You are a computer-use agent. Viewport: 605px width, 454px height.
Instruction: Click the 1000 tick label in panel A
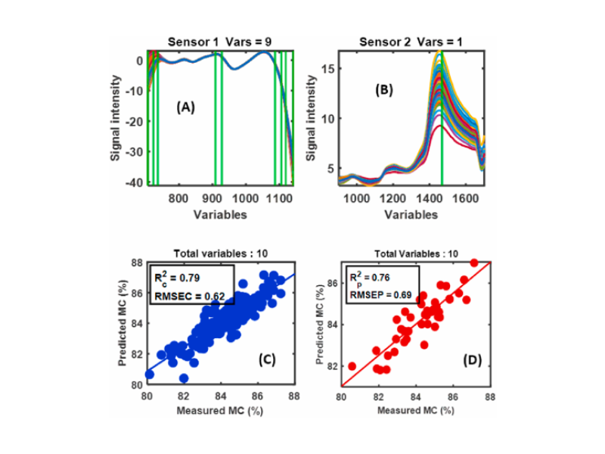pyautogui.click(x=244, y=199)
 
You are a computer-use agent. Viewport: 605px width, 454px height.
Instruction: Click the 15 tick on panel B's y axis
pyautogui.click(x=326, y=68)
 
